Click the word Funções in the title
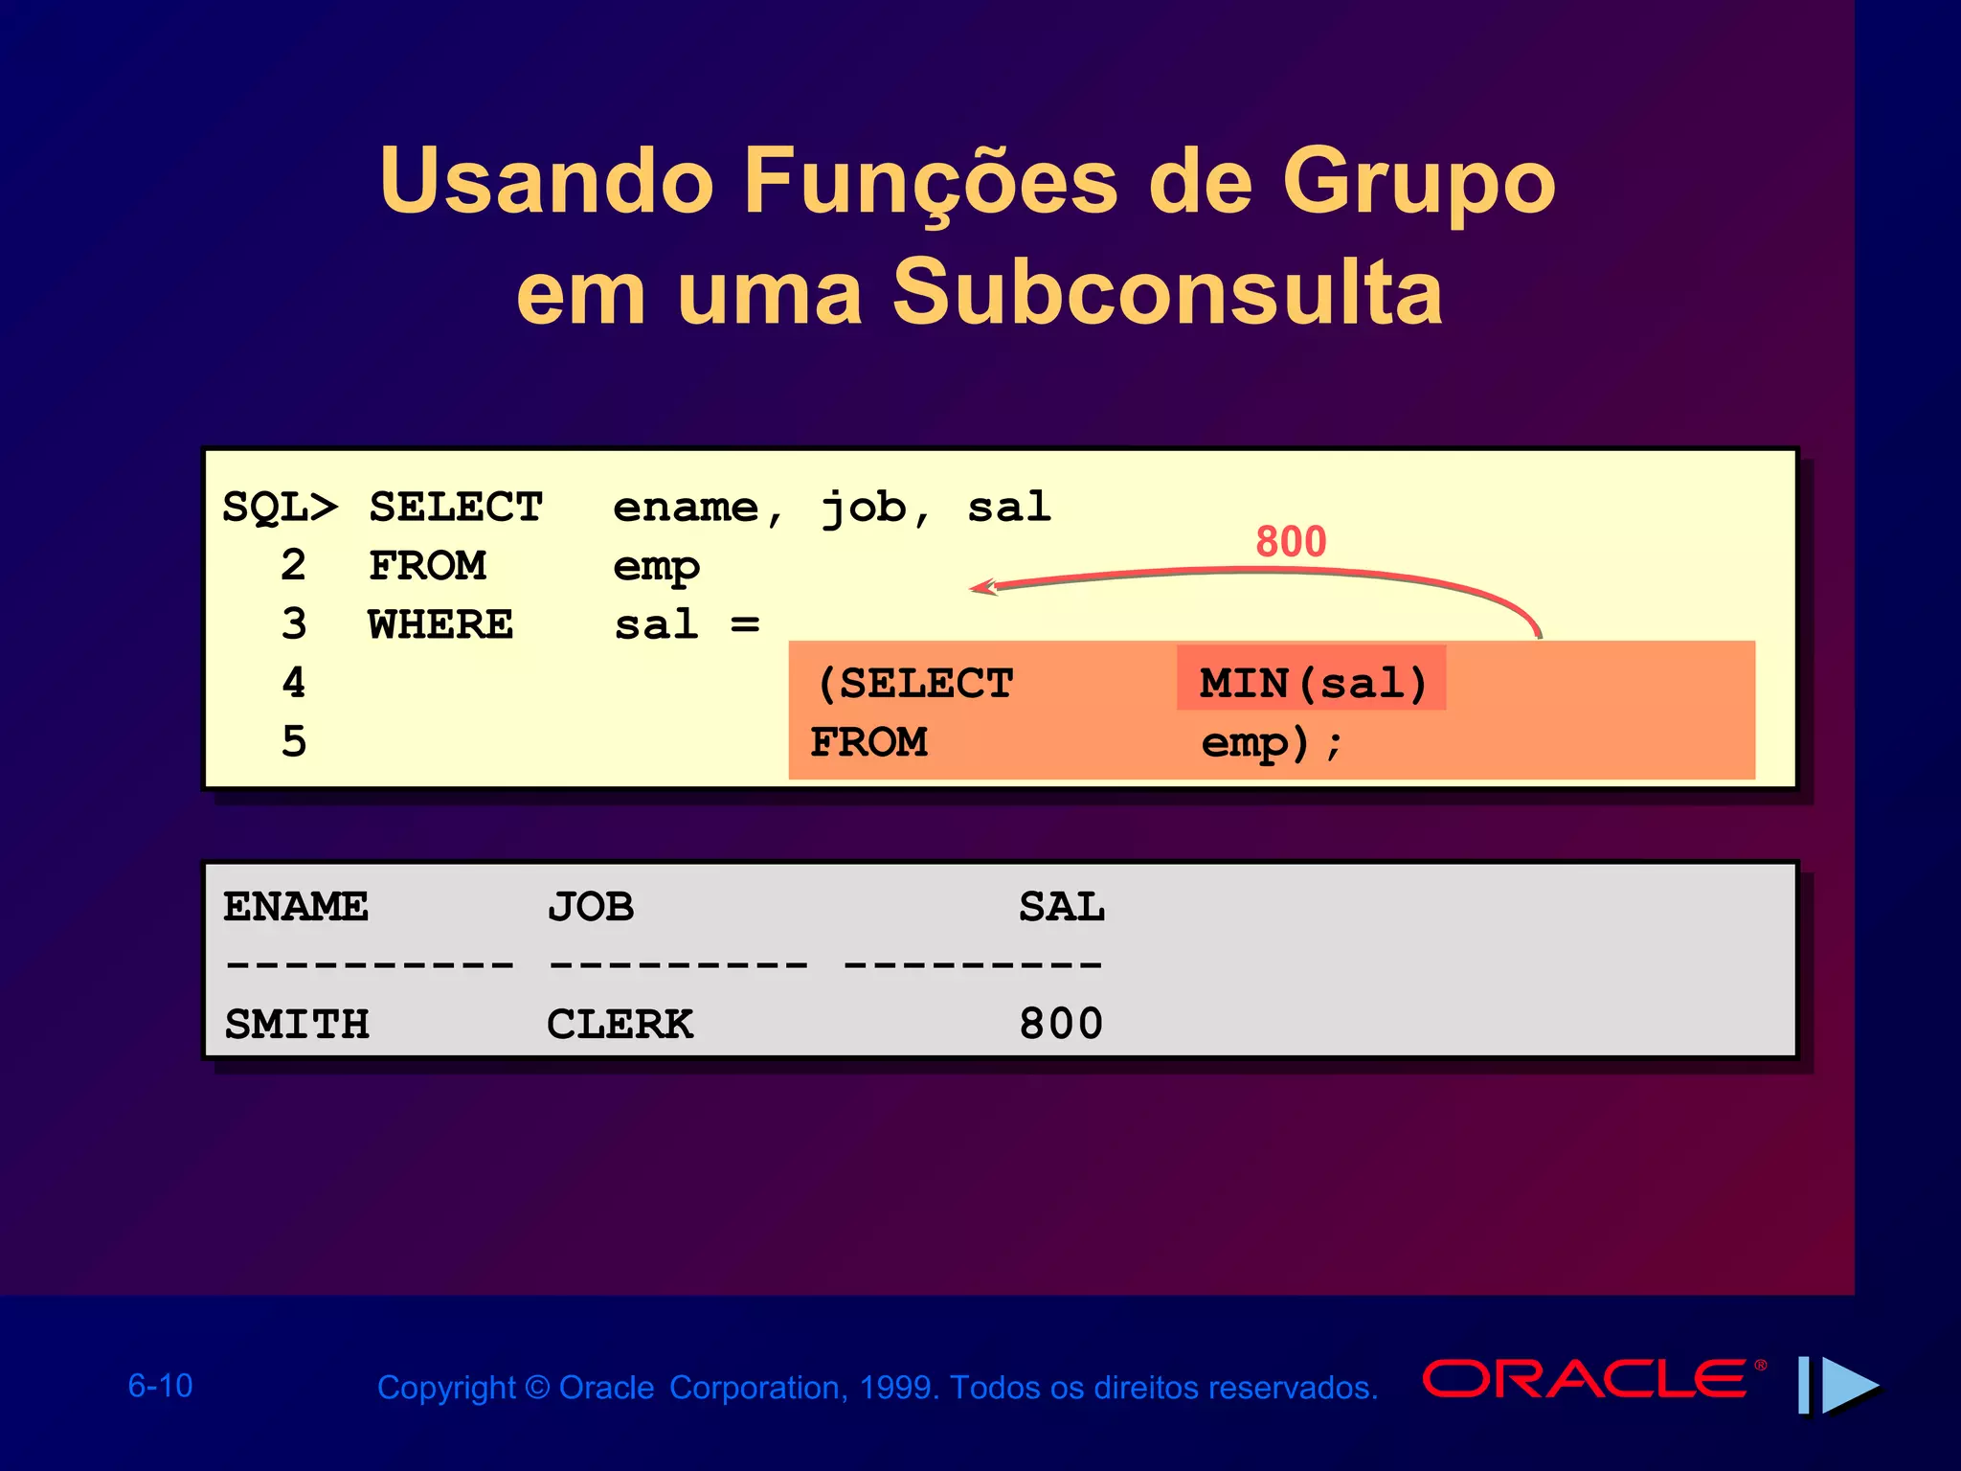(930, 182)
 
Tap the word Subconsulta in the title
(1167, 292)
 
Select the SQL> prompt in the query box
(280, 507)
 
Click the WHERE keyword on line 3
(440, 624)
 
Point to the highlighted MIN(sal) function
(1312, 683)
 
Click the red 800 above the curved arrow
(1291, 542)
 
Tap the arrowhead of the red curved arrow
(981, 586)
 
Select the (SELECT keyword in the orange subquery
(914, 683)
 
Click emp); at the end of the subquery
(1272, 743)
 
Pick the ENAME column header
(295, 906)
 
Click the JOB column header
(591, 906)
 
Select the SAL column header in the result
(1061, 906)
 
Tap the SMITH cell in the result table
(296, 1024)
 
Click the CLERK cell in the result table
(620, 1024)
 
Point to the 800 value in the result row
(1061, 1024)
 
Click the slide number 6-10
(160, 1386)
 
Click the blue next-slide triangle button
(1848, 1385)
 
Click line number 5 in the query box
(294, 742)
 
